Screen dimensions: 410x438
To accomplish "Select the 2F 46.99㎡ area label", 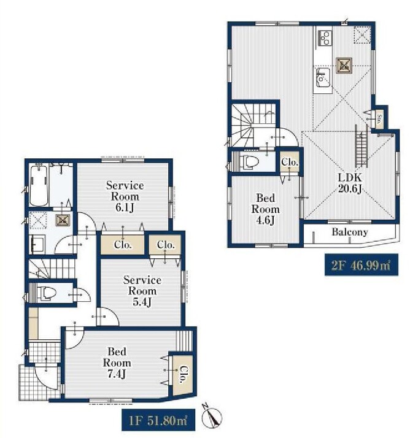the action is pos(361,264).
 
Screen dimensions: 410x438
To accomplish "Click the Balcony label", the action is pos(350,232).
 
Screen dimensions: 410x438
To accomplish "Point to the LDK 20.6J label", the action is pos(350,183).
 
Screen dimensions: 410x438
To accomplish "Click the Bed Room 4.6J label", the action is pos(265,209).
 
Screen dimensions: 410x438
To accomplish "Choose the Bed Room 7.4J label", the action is pos(117,363).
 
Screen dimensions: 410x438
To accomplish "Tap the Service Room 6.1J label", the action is pos(125,196).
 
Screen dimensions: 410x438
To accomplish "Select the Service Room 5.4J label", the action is pos(142,291).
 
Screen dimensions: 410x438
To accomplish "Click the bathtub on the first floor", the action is pos(39,185).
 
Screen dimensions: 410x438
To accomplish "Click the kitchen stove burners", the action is pos(325,37).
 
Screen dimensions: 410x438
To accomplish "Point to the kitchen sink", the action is pos(323,77).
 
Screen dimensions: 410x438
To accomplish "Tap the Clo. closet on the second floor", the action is pos(290,162).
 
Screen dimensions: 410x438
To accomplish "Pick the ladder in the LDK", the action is pos(361,145).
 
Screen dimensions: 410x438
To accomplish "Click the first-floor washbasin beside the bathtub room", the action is pos(38,244).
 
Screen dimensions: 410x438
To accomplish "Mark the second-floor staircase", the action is pos(253,125).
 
